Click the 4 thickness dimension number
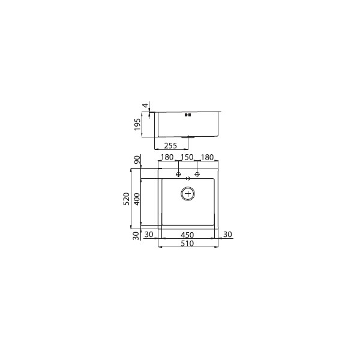point(145,106)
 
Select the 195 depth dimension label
point(137,124)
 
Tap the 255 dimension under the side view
point(170,146)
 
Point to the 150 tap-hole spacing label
point(187,157)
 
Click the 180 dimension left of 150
point(167,157)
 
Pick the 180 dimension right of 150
point(208,157)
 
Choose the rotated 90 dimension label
point(137,160)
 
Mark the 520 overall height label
point(126,199)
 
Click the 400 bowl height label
point(137,199)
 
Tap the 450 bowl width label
point(187,235)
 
